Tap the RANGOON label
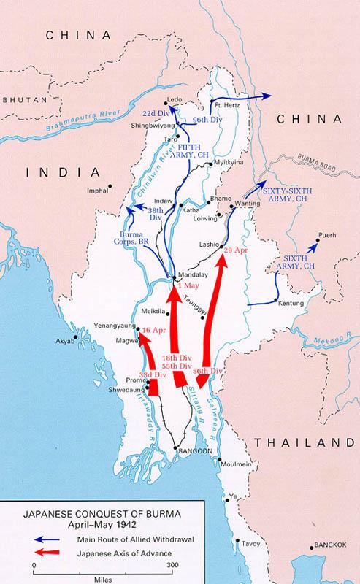[x=195, y=451]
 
